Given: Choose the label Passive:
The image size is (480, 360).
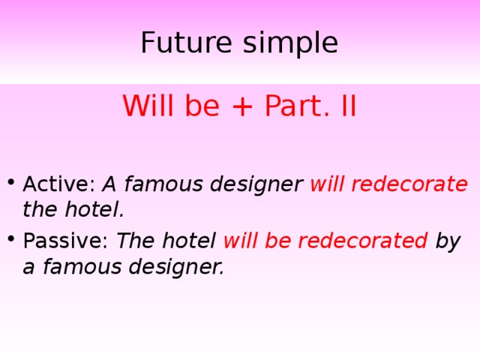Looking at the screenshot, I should [x=66, y=241].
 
